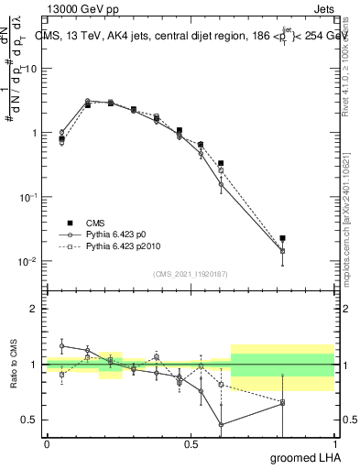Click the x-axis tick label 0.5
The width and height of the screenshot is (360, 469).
pos(191,443)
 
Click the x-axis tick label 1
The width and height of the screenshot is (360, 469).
pos(334,443)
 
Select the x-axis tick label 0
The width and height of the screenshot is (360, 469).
pos(47,443)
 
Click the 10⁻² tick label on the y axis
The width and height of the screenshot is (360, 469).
pos(27,261)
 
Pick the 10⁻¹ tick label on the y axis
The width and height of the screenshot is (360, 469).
pos(27,197)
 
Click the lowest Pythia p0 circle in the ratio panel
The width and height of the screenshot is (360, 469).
pos(222,424)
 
